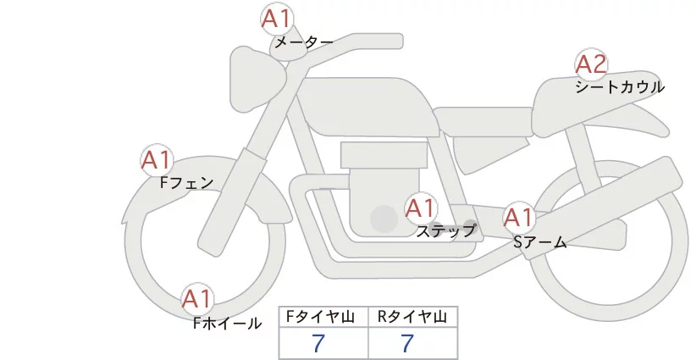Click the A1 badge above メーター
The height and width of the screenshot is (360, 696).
(x=275, y=19)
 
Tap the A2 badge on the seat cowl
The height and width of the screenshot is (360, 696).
(x=591, y=64)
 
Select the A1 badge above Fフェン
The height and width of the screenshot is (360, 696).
(x=156, y=160)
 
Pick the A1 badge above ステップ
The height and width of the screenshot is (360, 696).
(x=421, y=208)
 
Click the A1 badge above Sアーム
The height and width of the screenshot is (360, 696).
(x=518, y=218)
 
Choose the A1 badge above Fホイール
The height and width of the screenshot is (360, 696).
(x=197, y=299)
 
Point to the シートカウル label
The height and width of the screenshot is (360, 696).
(x=620, y=86)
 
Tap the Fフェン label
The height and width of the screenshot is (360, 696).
(x=186, y=182)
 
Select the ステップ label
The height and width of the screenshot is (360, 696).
(x=445, y=230)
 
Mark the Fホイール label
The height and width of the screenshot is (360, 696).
(x=228, y=323)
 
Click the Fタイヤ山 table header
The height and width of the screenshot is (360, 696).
(x=323, y=318)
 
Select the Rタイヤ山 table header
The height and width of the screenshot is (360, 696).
(x=412, y=318)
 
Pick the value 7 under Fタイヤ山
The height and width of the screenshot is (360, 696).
(x=318, y=343)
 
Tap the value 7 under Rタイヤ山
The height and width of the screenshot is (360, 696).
(x=408, y=343)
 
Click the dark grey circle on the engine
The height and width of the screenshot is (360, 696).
(x=384, y=219)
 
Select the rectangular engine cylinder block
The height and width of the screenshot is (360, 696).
(x=381, y=156)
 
